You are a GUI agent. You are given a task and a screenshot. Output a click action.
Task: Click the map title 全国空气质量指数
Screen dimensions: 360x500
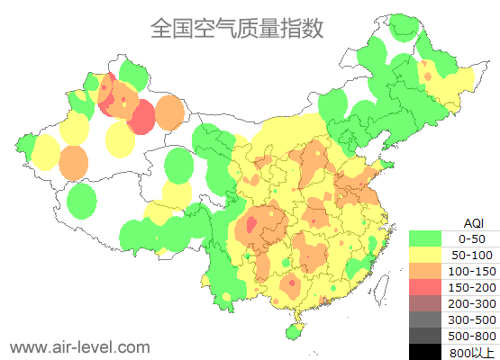pos(236,28)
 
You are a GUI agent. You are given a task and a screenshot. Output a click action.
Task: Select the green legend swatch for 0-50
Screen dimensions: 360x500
pos(425,238)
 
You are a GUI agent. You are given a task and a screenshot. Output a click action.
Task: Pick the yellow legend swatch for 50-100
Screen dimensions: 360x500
pos(425,255)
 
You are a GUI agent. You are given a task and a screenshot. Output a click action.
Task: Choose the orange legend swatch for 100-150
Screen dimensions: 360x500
pos(425,271)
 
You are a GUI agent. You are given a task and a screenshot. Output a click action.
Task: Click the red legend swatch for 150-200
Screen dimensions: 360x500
pos(425,287)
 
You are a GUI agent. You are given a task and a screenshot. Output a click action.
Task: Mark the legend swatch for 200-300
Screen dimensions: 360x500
pos(425,303)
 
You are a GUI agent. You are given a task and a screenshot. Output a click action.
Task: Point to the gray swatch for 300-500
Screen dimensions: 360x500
pos(425,319)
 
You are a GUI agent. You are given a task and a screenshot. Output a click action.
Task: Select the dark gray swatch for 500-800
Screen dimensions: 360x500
pos(425,336)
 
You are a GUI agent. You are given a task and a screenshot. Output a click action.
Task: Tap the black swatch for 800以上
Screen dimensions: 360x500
pos(425,351)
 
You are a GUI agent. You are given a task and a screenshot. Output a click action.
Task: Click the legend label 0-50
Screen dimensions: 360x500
pos(472,238)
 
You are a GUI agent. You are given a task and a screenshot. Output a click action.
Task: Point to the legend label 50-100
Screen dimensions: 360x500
pos(472,255)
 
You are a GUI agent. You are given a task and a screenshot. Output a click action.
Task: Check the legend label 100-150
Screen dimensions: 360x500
pos(472,271)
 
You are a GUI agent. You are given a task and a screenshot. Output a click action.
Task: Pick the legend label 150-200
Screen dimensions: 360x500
pos(472,287)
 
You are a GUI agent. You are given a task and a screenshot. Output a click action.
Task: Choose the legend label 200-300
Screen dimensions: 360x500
pos(472,303)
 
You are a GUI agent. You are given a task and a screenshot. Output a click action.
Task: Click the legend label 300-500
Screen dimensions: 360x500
pos(472,319)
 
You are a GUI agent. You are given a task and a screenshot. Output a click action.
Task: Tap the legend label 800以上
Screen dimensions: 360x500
pos(472,352)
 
